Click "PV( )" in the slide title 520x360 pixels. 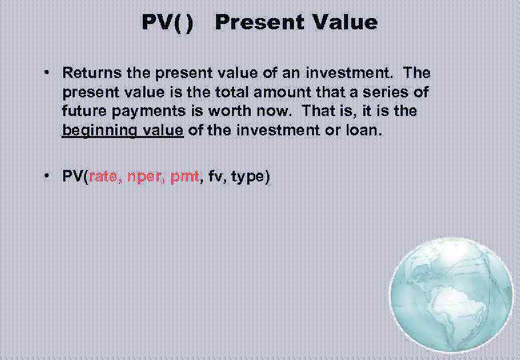point(168,23)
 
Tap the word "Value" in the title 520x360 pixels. point(344,23)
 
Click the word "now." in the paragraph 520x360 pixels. point(281,111)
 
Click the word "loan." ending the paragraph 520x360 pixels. point(365,131)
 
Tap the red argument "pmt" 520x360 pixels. point(184,177)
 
